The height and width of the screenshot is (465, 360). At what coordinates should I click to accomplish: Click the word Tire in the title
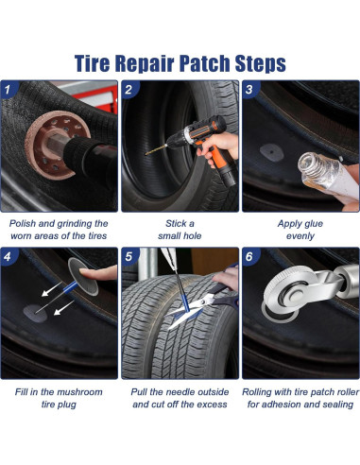pos(92,63)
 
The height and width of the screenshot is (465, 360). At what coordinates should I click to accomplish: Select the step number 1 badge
pos(9,90)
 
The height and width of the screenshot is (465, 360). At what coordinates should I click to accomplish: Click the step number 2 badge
pos(129,90)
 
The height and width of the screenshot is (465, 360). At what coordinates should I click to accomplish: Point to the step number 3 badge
pos(249,90)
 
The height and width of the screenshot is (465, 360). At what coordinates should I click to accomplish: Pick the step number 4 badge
pos(9,256)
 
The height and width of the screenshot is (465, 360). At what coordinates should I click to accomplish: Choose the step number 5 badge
pos(129,256)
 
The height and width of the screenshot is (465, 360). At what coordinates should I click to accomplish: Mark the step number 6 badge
pos(249,256)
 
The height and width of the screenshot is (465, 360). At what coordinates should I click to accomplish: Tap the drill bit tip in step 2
pos(146,154)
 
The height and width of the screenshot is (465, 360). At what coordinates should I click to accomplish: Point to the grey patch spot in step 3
pos(271,152)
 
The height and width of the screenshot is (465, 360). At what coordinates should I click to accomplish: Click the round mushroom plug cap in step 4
pos(83,277)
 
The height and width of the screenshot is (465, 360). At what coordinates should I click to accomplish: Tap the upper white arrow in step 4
pos(51,289)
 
